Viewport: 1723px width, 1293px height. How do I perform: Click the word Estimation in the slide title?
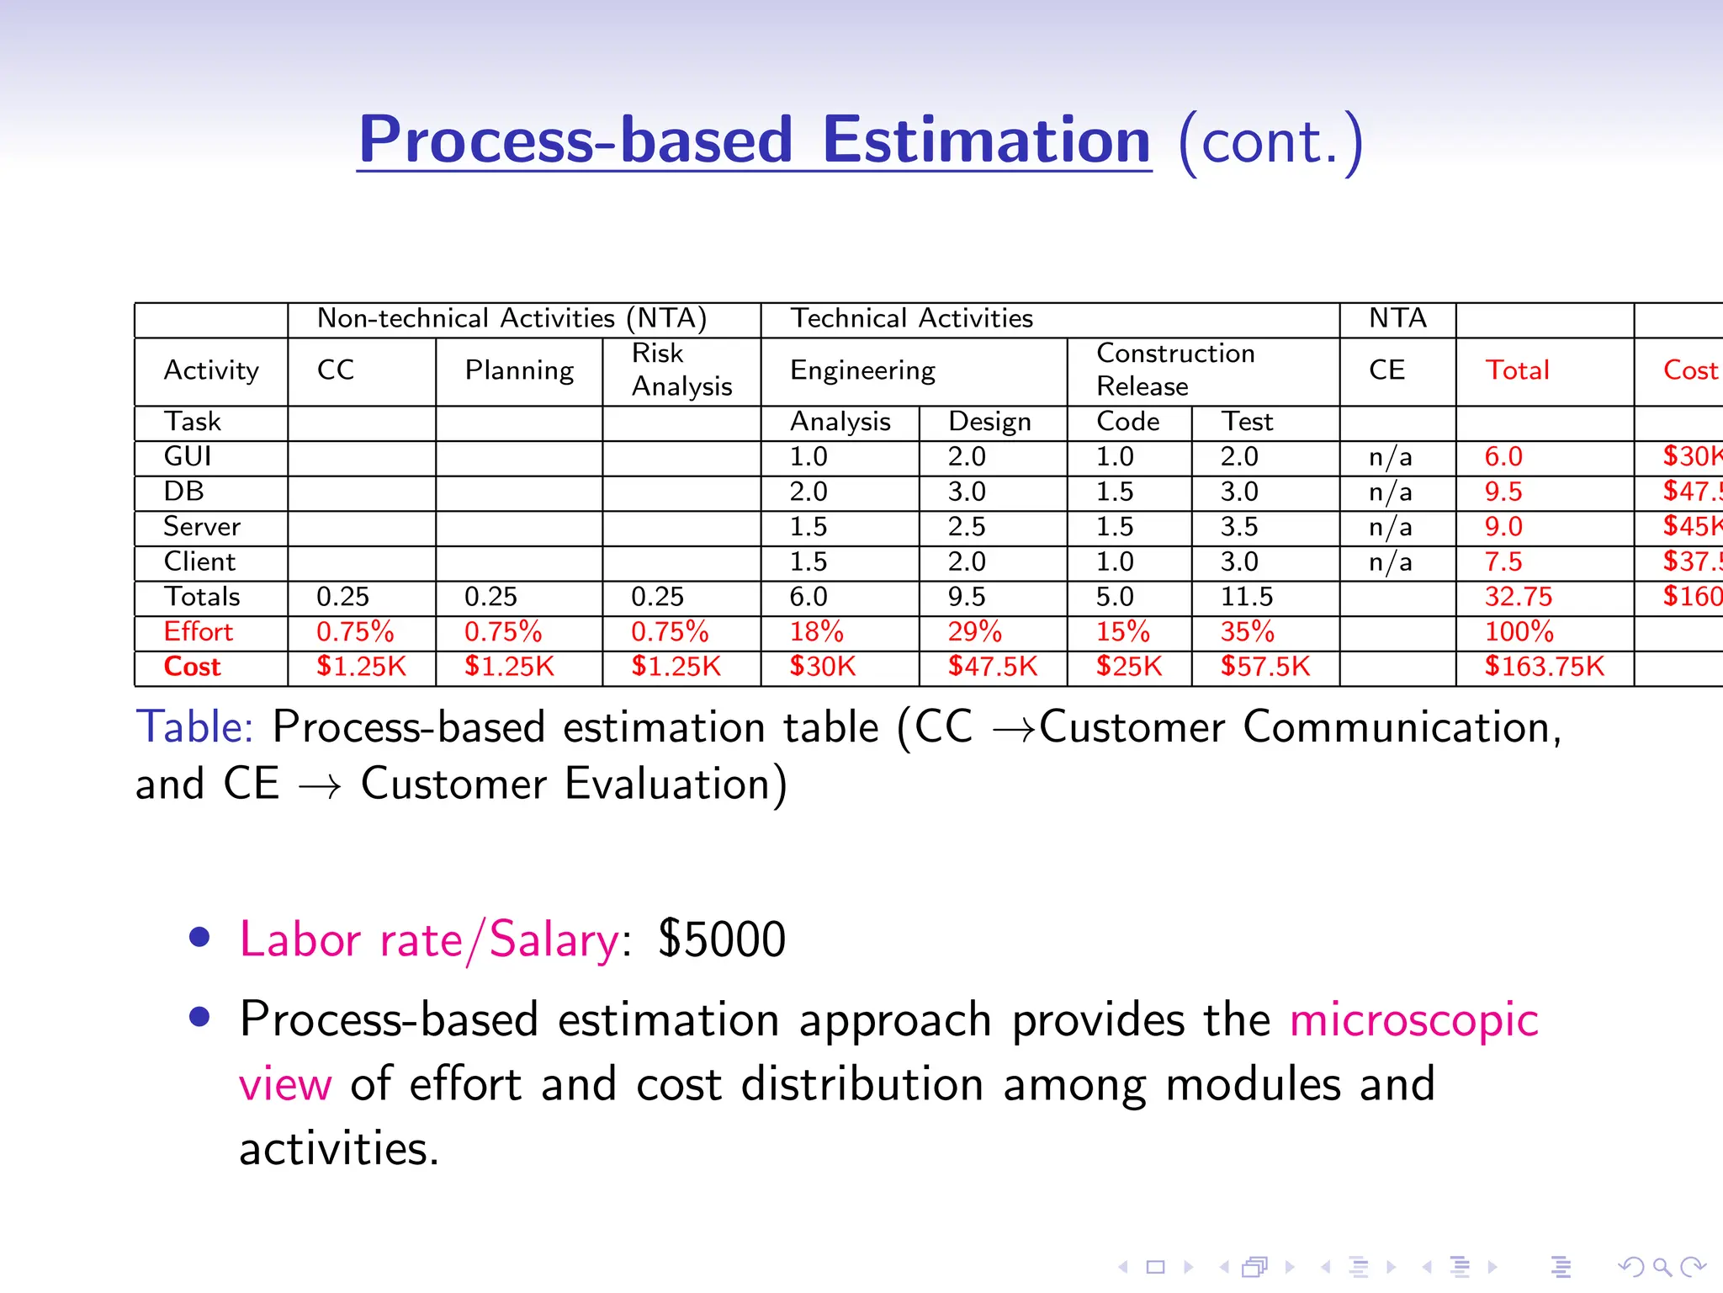click(x=986, y=141)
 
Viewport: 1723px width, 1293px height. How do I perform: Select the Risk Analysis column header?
click(x=681, y=370)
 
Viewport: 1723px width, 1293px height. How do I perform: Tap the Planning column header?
click(x=519, y=370)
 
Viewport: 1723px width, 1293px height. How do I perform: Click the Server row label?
click(x=202, y=526)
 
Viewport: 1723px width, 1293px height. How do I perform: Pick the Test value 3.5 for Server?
click(x=1239, y=526)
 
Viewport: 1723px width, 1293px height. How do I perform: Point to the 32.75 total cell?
click(x=1518, y=596)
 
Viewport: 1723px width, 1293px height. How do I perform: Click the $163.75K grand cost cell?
click(x=1544, y=666)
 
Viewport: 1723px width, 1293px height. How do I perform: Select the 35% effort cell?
click(x=1248, y=631)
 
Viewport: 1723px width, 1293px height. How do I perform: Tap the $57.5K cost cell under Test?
click(x=1265, y=666)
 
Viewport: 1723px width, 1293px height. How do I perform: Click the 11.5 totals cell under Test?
click(x=1247, y=596)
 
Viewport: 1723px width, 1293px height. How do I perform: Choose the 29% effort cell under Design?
click(x=974, y=631)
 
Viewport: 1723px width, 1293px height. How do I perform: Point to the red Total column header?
click(x=1517, y=370)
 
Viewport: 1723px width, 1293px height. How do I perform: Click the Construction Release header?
click(x=1175, y=370)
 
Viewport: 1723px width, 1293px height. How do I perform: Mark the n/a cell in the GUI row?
click(x=1390, y=456)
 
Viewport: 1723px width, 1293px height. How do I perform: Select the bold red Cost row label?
click(x=192, y=666)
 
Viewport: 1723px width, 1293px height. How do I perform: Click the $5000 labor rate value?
click(x=722, y=939)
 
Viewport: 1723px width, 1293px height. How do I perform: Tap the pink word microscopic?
click(x=1414, y=1020)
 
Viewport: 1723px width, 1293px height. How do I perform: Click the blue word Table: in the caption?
click(x=194, y=726)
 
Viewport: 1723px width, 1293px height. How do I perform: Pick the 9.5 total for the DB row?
click(x=1503, y=492)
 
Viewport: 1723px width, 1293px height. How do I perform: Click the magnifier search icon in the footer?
click(x=1662, y=1266)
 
